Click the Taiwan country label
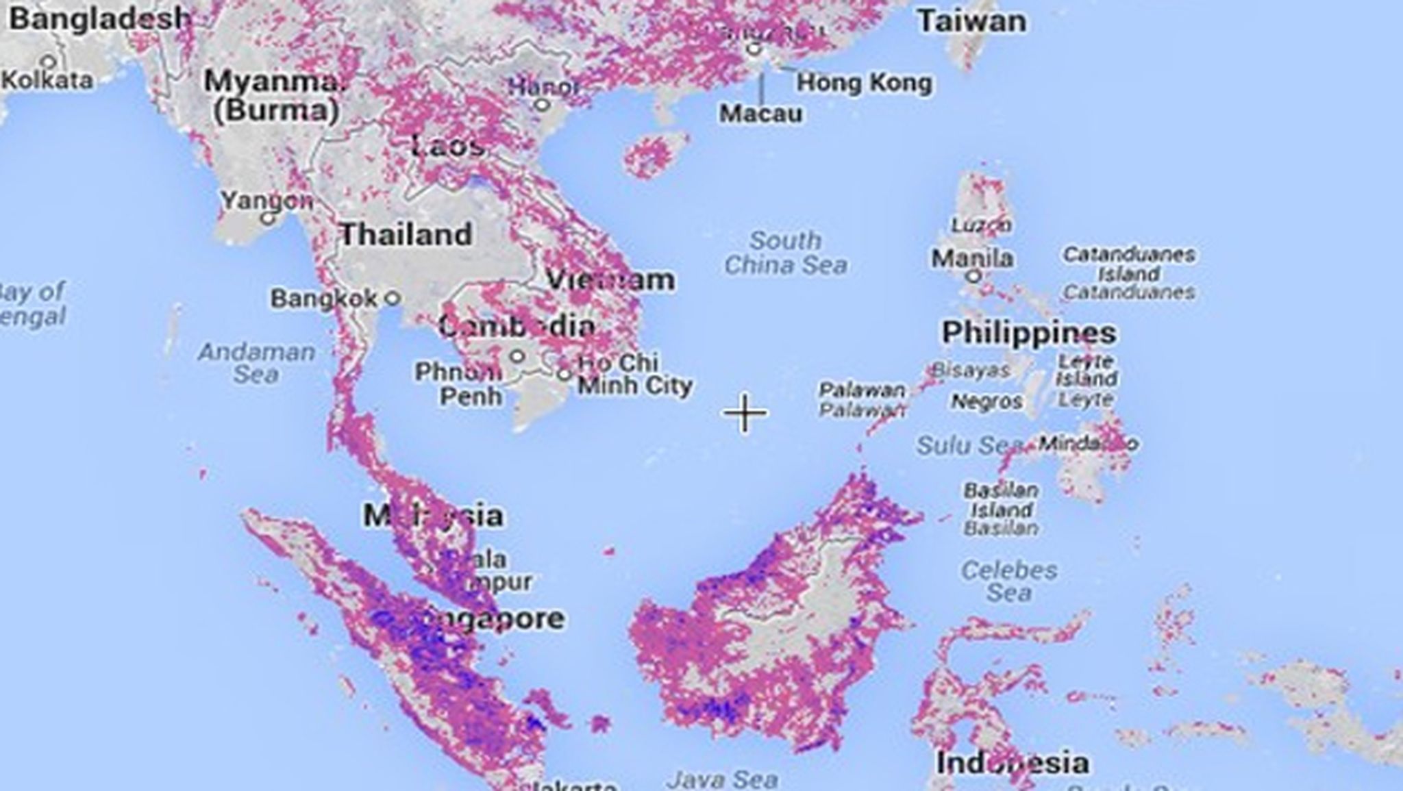click(x=971, y=21)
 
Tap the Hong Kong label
click(x=864, y=83)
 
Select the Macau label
click(x=760, y=113)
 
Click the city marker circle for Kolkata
click(x=49, y=62)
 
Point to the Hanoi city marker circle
click(x=542, y=105)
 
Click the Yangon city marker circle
click(x=268, y=219)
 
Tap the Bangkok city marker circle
click(x=392, y=298)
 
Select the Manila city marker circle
click(x=973, y=276)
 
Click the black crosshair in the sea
click(x=745, y=413)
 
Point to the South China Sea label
click(x=785, y=253)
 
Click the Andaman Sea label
click(x=256, y=363)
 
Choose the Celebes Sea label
click(x=1008, y=581)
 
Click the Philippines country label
click(x=1029, y=333)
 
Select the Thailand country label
click(x=406, y=235)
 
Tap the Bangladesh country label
click(x=99, y=18)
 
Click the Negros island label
click(x=986, y=401)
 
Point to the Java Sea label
click(x=722, y=779)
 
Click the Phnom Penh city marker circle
click(x=518, y=356)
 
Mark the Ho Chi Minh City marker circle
click(x=564, y=374)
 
